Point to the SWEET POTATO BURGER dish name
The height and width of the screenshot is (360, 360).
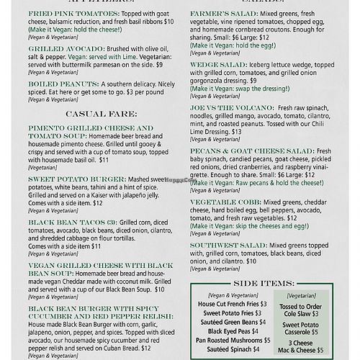pyautogui.click(x=68, y=175)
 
